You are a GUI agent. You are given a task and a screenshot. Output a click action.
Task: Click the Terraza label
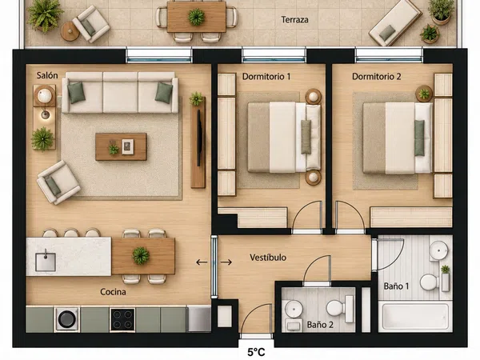[294, 20]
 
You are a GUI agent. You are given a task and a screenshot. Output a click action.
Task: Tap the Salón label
[47, 75]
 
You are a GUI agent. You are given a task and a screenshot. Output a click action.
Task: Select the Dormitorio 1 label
[266, 77]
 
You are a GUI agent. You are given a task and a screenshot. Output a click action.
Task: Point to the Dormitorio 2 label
[377, 77]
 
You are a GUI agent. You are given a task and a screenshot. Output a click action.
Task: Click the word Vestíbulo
[268, 258]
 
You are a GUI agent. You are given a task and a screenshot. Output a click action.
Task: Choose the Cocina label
[113, 292]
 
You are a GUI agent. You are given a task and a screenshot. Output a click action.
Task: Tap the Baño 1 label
[396, 286]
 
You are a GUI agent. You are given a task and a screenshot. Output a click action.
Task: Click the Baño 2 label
[320, 325]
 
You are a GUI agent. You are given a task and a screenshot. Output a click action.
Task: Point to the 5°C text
[256, 353]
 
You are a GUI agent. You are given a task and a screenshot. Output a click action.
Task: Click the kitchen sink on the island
[46, 262]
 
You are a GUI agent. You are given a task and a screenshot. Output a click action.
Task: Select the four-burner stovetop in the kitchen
[122, 319]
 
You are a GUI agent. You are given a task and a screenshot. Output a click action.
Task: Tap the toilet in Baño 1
[431, 282]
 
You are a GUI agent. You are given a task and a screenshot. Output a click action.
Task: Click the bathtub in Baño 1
[414, 317]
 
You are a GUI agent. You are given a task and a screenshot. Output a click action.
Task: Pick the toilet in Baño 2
[340, 308]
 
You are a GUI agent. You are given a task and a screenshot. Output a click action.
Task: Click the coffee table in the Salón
[121, 146]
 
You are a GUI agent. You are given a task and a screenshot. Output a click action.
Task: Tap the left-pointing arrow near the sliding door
[202, 262]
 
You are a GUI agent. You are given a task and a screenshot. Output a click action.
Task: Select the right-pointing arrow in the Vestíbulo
[226, 262]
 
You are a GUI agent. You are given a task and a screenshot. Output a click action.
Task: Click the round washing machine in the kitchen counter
[66, 319]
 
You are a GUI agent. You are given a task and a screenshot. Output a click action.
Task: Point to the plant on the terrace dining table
[196, 17]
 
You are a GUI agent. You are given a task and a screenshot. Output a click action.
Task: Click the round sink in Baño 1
[438, 250]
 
